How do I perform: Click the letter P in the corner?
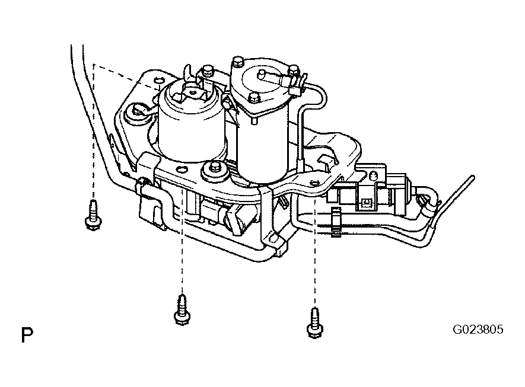pos(27,336)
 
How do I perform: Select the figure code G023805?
pos(478,329)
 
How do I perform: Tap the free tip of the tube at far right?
pos(472,177)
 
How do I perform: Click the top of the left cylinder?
pos(189,94)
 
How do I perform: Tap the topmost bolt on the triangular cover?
pos(238,61)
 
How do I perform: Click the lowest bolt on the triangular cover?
pos(255,98)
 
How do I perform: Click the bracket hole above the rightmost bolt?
pos(315,184)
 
